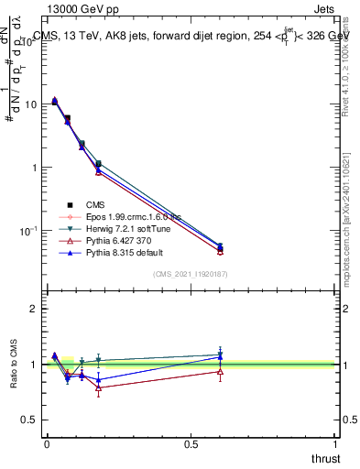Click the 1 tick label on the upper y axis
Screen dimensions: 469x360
point(35,168)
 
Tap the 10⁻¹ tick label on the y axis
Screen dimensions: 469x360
point(29,231)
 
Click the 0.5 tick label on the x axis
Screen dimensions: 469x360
point(191,444)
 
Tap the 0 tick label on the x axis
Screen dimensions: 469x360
point(47,444)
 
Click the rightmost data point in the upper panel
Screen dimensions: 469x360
point(220,247)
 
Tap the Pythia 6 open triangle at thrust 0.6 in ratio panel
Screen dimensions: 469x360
point(220,371)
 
